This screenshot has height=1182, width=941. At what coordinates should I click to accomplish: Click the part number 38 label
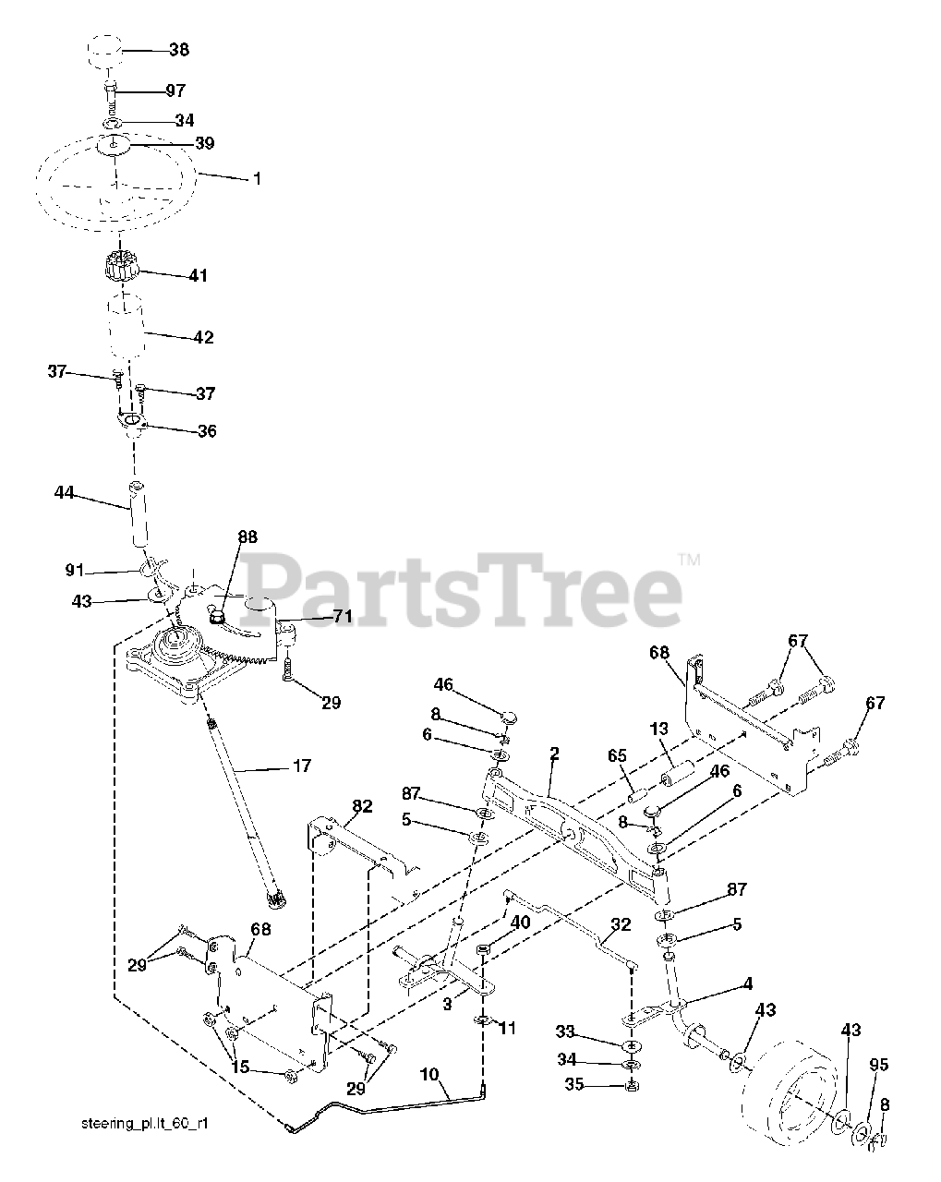tap(179, 50)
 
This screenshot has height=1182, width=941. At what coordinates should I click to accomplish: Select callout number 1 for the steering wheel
tap(258, 178)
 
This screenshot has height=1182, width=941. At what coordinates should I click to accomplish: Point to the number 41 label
tap(198, 275)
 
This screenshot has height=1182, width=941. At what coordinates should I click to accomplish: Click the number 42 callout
tap(203, 337)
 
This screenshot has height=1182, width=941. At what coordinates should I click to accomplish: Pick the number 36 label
tap(206, 431)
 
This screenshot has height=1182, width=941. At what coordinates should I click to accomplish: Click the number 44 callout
tap(64, 496)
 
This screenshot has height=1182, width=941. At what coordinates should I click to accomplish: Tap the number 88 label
tap(247, 537)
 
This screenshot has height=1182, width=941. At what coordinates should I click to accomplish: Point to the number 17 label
tap(301, 766)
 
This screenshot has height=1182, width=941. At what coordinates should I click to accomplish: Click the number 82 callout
tap(362, 806)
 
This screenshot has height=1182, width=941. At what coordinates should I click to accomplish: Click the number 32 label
tap(621, 924)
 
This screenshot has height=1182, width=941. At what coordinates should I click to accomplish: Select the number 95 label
tap(879, 1065)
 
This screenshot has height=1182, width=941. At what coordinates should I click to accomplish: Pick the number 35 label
tap(573, 1086)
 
